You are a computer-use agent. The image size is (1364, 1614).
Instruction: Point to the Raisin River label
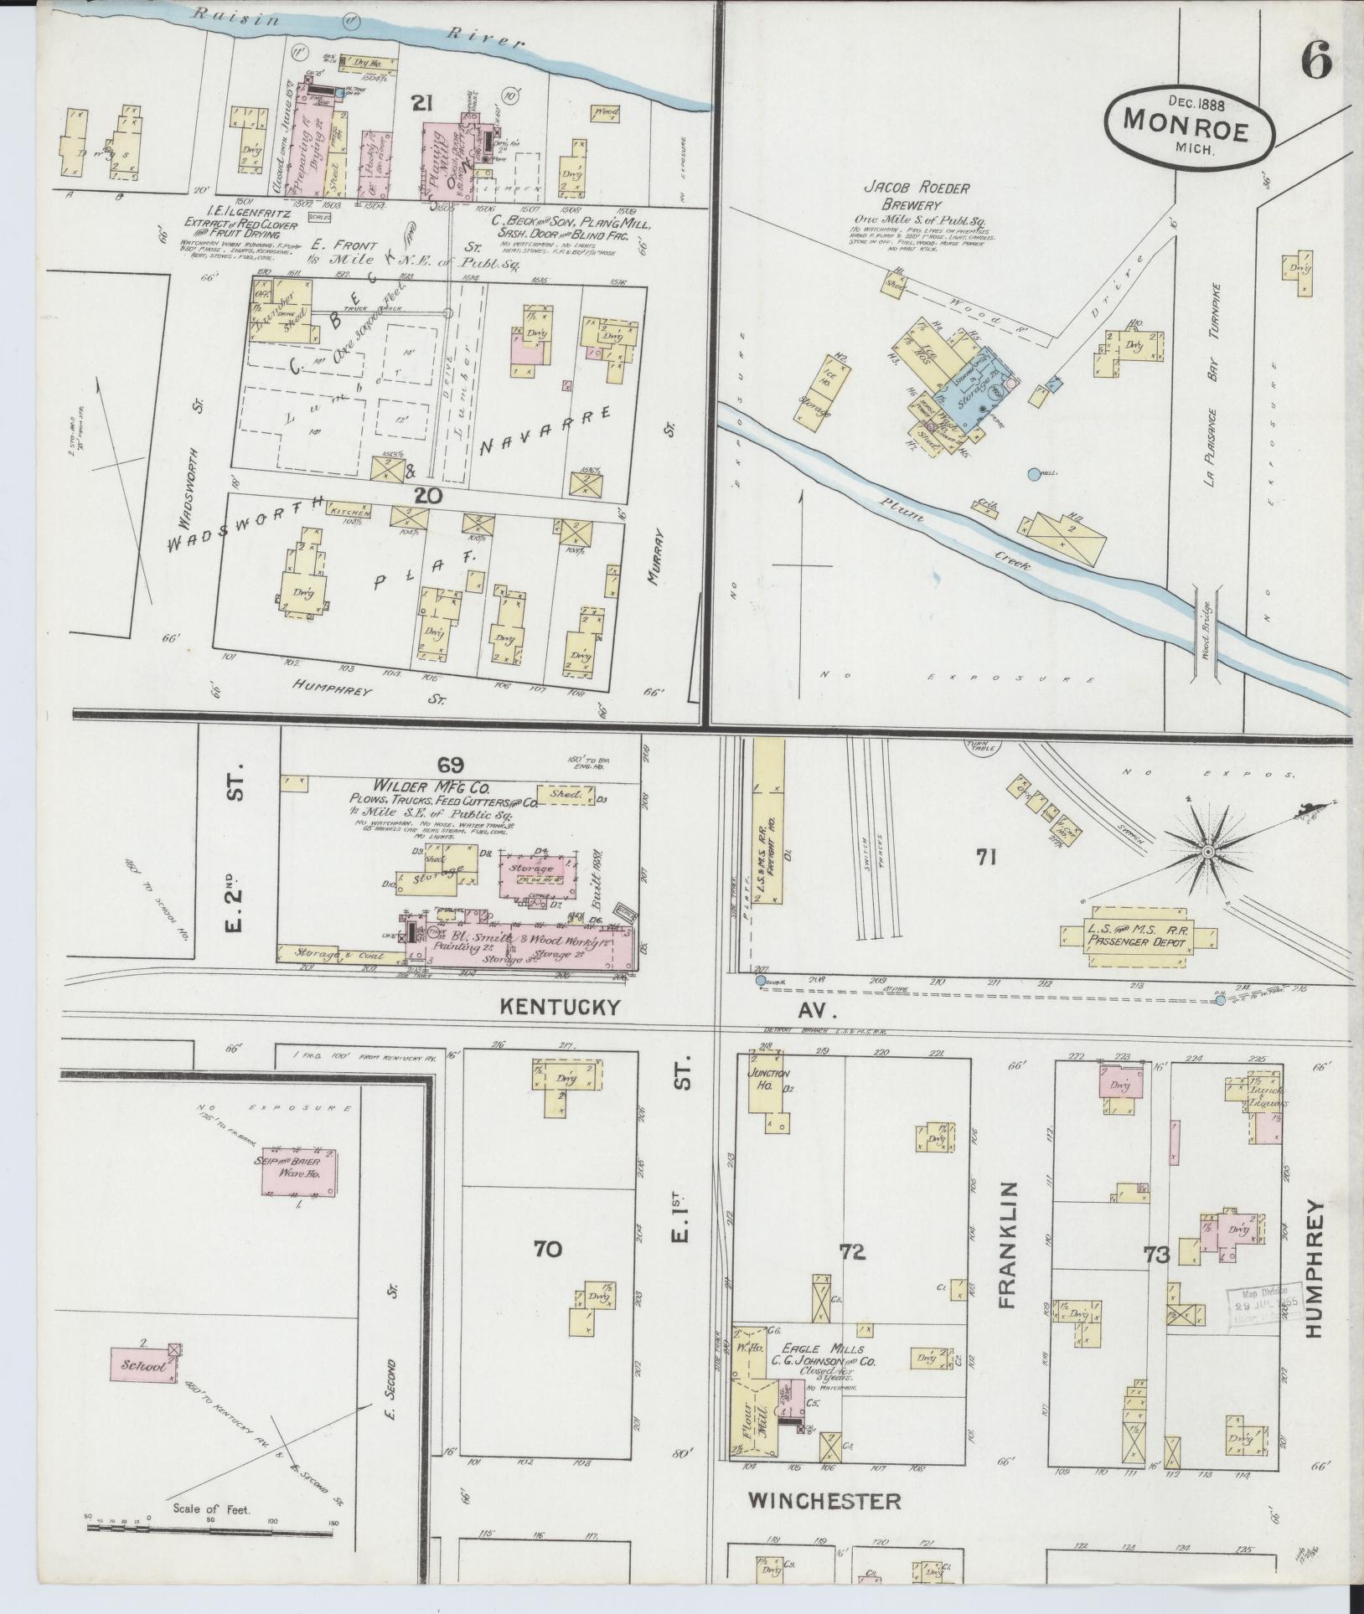(352, 23)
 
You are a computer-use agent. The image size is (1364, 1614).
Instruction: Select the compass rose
(1207, 852)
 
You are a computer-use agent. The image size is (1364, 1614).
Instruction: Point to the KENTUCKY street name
(561, 1007)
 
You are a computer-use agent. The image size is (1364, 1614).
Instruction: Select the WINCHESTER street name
(825, 1501)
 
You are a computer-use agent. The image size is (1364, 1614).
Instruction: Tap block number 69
(450, 764)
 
